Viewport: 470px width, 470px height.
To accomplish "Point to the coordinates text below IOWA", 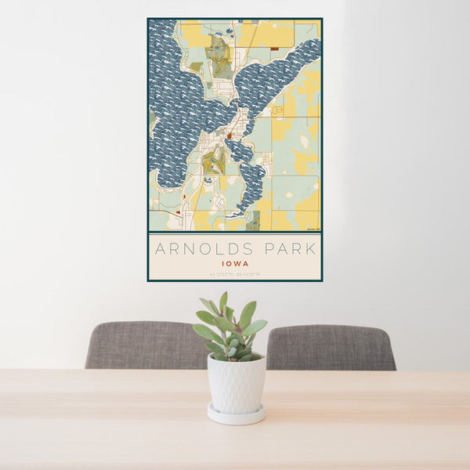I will coord(235,273).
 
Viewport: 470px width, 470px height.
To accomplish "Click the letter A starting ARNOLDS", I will coord(160,250).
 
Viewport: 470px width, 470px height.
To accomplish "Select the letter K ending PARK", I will coord(312,250).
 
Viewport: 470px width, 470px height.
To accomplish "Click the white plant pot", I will coord(236,383).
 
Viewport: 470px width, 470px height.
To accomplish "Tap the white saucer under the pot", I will coord(236,415).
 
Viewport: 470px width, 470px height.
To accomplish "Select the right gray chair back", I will coord(331,346).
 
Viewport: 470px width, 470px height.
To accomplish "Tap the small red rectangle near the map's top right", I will coord(275,49).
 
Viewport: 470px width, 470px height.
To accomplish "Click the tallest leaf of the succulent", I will coord(223,302).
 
